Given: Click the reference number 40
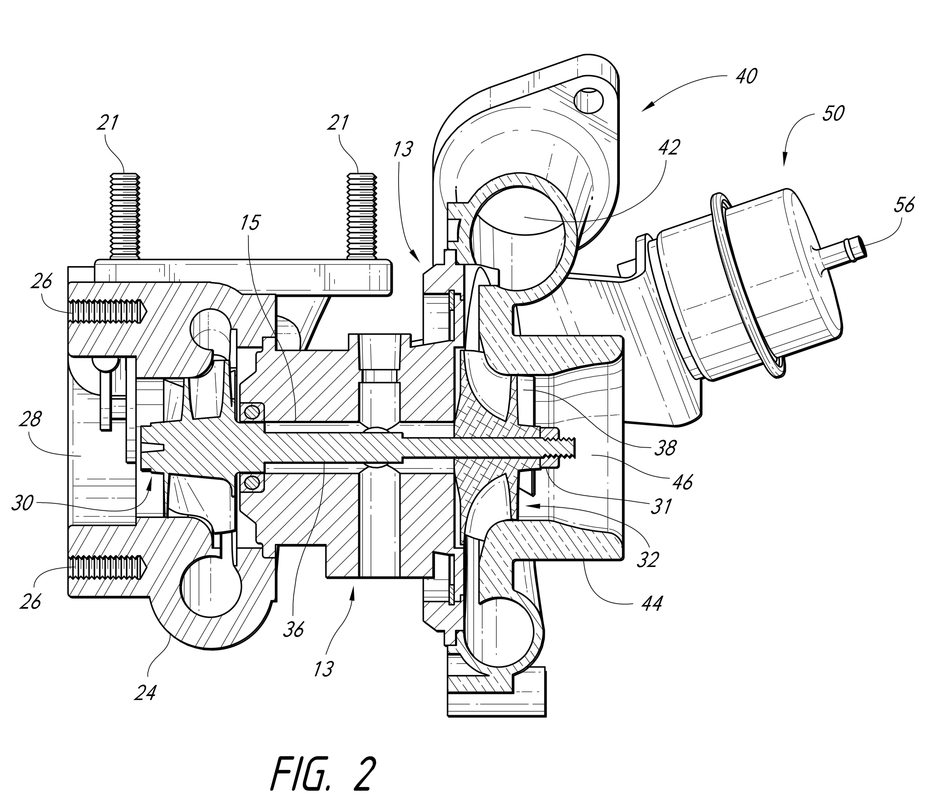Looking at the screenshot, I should point(746,76).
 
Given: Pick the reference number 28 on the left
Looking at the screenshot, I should point(31,420).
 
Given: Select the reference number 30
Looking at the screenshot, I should point(22,503).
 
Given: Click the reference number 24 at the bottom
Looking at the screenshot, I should point(145,692).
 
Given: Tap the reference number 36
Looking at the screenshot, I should point(293,629).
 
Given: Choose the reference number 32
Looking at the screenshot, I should point(648,560).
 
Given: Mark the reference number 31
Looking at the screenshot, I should point(661,506).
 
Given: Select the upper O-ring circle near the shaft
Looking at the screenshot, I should point(252,411).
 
